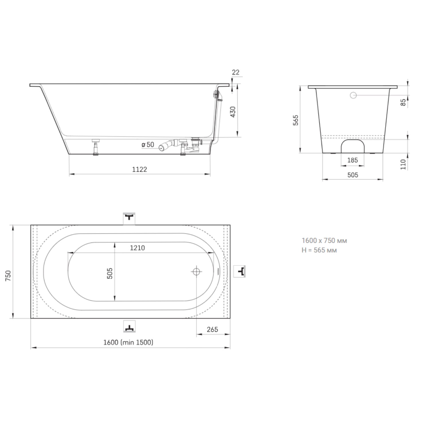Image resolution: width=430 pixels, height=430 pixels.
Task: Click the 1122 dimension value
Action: tap(140, 169)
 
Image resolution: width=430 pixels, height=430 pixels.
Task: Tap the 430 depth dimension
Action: tap(233, 112)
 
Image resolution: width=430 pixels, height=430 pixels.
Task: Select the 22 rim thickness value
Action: tap(236, 72)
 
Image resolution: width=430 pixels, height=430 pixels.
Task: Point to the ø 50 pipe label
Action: tap(148, 145)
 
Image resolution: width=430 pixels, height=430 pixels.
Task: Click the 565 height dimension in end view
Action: tap(296, 120)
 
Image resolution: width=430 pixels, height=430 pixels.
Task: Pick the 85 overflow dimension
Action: tap(403, 103)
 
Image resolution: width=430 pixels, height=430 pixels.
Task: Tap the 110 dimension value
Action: tap(403, 165)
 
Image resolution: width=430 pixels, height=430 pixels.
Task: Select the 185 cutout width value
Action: tap(353, 160)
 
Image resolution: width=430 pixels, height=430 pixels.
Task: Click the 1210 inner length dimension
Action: tap(137, 248)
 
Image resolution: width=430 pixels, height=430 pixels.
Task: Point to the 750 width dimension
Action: tap(8, 275)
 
